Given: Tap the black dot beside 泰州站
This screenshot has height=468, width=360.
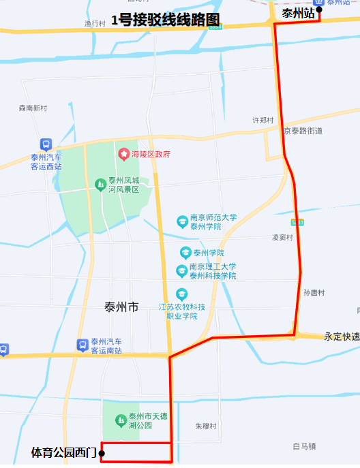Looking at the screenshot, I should coord(319,10).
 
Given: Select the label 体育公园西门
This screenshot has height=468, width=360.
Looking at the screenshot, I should coord(64,452).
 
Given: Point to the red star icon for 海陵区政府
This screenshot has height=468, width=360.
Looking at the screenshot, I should coord(123,154).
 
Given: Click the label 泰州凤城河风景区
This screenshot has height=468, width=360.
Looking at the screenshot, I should coord(123,185).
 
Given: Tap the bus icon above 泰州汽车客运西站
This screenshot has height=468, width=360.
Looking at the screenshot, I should coord(46,144).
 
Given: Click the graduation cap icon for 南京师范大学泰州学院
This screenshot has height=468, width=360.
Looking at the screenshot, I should coord(182,221).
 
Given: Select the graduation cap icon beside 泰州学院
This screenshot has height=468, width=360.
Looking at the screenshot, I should coord(185,252).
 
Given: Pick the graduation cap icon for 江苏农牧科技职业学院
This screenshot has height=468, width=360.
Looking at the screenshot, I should coord(181,294).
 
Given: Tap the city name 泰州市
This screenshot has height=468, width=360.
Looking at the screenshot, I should coord(122,307).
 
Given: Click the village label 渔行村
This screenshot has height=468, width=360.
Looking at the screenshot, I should coord(95,23).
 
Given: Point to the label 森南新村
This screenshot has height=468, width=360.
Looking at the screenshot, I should coord(33,108).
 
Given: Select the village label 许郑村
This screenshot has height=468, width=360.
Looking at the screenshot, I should coord(262,120).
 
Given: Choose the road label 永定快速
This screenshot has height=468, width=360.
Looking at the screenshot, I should coord(342,337).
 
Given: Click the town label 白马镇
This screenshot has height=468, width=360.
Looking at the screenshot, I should coord(304,446).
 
